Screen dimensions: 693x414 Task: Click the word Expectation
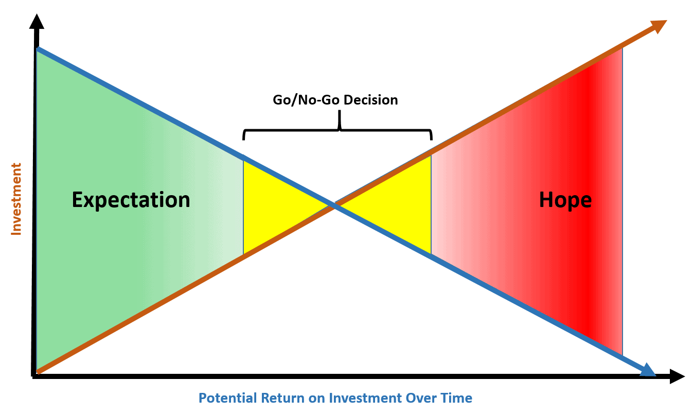click(131, 200)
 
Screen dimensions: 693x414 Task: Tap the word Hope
click(565, 200)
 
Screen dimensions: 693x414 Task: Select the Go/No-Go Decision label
click(335, 100)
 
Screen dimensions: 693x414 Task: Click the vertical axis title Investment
click(16, 199)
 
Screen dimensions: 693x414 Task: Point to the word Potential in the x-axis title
click(227, 398)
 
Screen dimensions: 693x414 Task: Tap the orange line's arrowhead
click(659, 26)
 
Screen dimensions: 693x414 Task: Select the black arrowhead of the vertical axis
click(37, 22)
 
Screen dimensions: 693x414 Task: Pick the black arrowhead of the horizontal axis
click(677, 376)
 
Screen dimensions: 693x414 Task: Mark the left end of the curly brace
click(243, 140)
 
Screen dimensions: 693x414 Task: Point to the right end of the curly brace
click(431, 140)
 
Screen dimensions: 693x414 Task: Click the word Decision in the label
click(370, 100)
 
